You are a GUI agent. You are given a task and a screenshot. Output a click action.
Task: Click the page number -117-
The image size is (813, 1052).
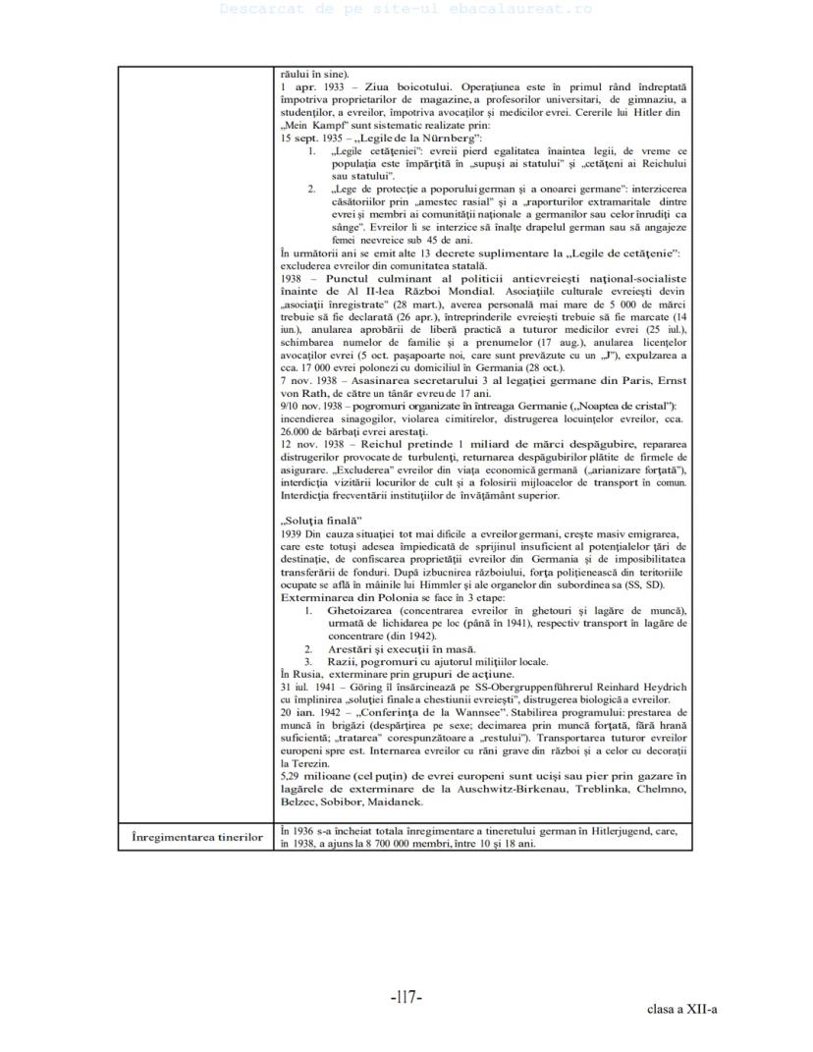pyautogui.click(x=406, y=997)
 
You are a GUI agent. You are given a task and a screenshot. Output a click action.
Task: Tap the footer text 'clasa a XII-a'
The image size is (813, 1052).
pyautogui.click(x=682, y=1009)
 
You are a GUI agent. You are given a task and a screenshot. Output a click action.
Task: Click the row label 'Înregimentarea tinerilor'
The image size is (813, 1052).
pyautogui.click(x=197, y=837)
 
